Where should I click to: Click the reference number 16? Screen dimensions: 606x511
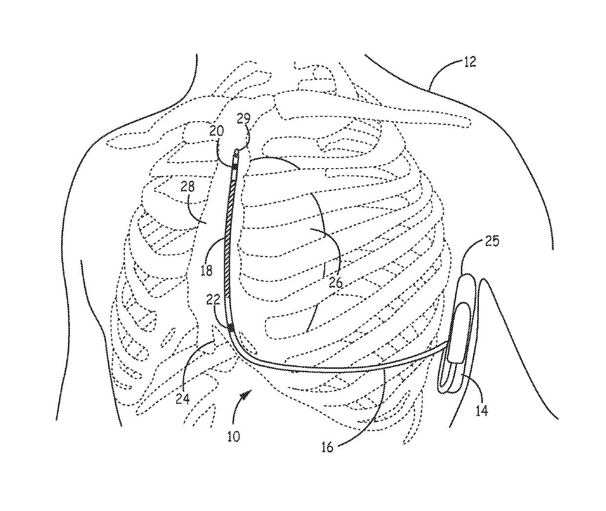pos(327,447)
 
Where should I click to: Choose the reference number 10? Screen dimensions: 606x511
pos(233,436)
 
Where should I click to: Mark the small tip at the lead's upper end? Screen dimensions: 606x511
pos(237,152)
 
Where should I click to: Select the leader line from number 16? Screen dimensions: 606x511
pos(374,415)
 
